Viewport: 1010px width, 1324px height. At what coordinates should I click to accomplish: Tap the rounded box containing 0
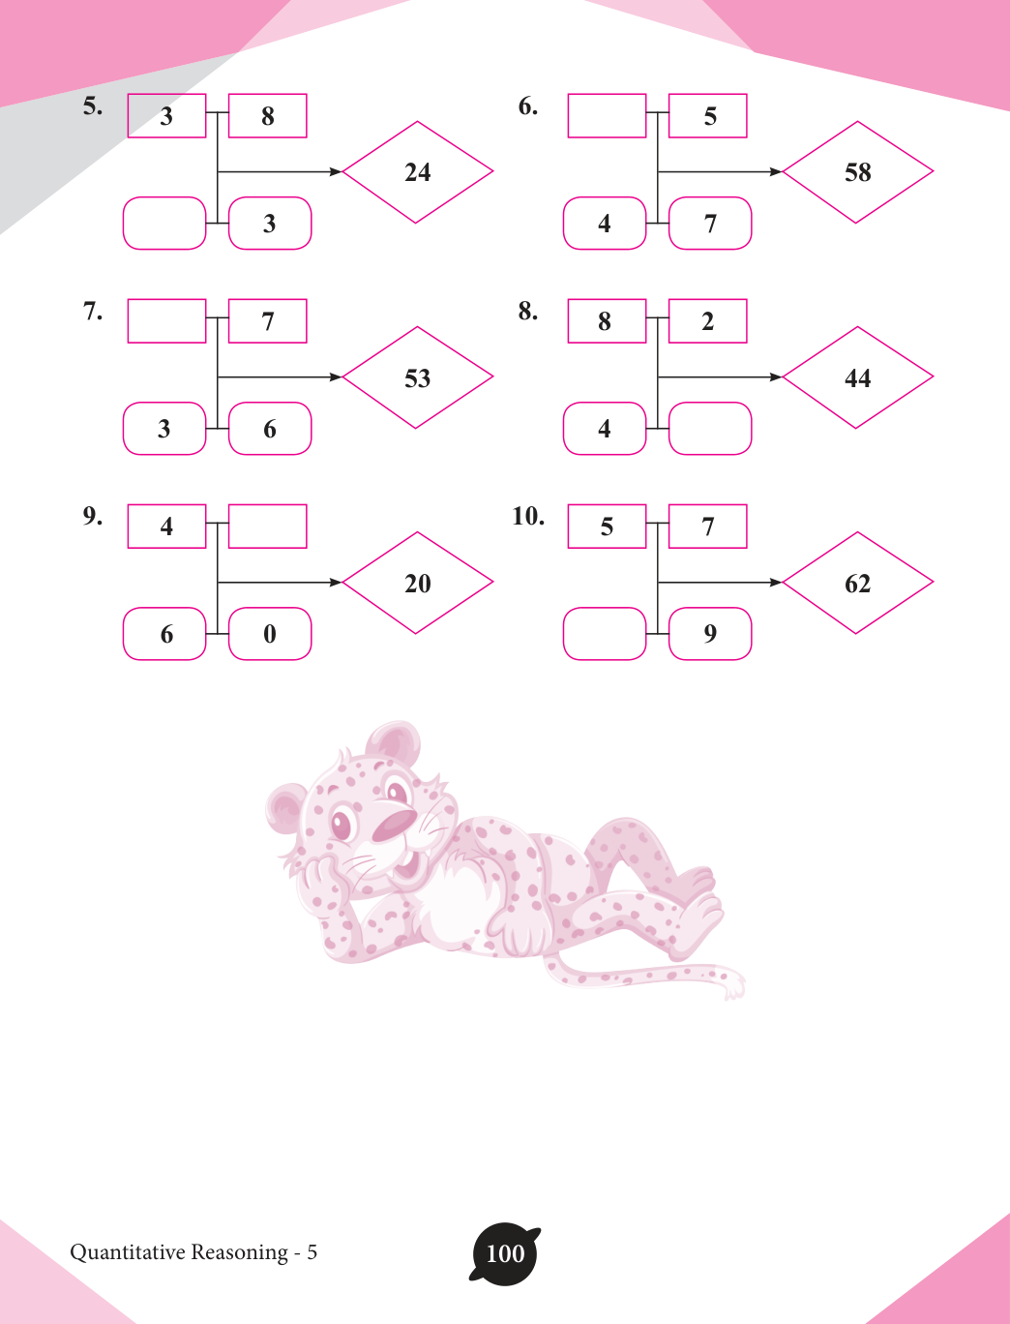pyautogui.click(x=270, y=633)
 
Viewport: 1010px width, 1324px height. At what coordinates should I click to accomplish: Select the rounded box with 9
pyautogui.click(x=710, y=633)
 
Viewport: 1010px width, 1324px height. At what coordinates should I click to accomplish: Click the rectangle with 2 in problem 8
pyautogui.click(x=708, y=321)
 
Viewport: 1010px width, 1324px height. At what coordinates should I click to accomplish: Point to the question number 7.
pyautogui.click(x=92, y=312)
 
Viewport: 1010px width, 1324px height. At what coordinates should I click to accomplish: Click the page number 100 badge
pyautogui.click(x=505, y=1253)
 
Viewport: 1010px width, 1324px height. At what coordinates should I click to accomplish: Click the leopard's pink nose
pyautogui.click(x=395, y=826)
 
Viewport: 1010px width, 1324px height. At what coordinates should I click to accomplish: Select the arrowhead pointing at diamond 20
pyautogui.click(x=336, y=582)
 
